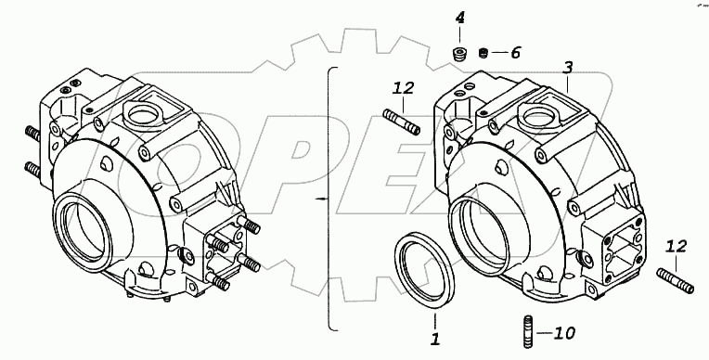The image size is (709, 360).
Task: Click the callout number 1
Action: pyautogui.click(x=435, y=339)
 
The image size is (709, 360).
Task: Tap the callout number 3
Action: pyautogui.click(x=567, y=68)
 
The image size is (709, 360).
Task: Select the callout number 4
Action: pyautogui.click(x=459, y=18)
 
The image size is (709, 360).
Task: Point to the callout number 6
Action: pyautogui.click(x=515, y=53)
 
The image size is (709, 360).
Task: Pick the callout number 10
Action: pyautogui.click(x=564, y=334)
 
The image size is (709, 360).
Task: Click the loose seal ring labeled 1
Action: pyautogui.click(x=425, y=271)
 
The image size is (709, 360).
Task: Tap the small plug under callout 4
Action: pyautogui.click(x=460, y=54)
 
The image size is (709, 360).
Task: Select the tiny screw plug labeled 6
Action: pyautogui.click(x=483, y=53)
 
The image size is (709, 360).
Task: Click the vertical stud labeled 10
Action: pyautogui.click(x=528, y=331)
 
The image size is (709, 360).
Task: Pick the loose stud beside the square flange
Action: pyautogui.click(x=676, y=281)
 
